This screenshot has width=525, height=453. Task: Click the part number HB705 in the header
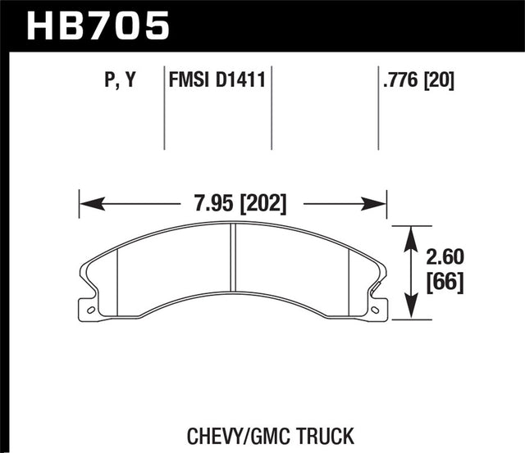(98, 24)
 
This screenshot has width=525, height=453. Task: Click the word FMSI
(188, 80)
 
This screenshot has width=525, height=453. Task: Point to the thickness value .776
(397, 80)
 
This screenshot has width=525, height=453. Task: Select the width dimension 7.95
(208, 202)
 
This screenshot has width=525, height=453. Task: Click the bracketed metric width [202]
(262, 202)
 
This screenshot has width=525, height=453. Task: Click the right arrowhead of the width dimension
(380, 202)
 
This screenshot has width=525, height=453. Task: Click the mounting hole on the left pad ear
(90, 310)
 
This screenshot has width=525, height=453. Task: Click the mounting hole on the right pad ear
(375, 310)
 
